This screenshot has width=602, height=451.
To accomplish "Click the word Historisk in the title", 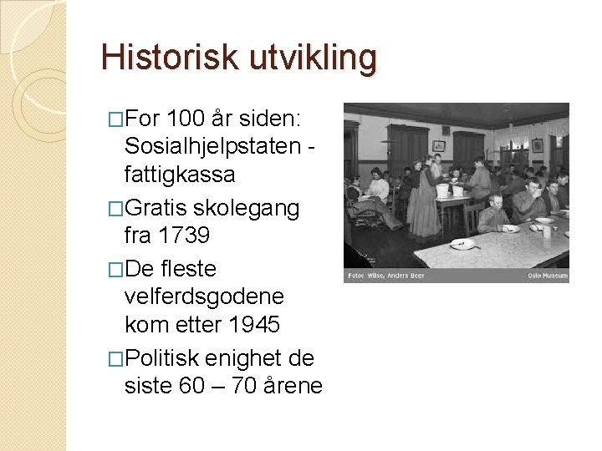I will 170,58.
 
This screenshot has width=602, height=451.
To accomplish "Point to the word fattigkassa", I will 179,175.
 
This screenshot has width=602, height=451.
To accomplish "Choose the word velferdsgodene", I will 203,296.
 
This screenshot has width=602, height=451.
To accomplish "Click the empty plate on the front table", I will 462,244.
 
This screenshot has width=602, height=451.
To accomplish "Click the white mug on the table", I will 546,231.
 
